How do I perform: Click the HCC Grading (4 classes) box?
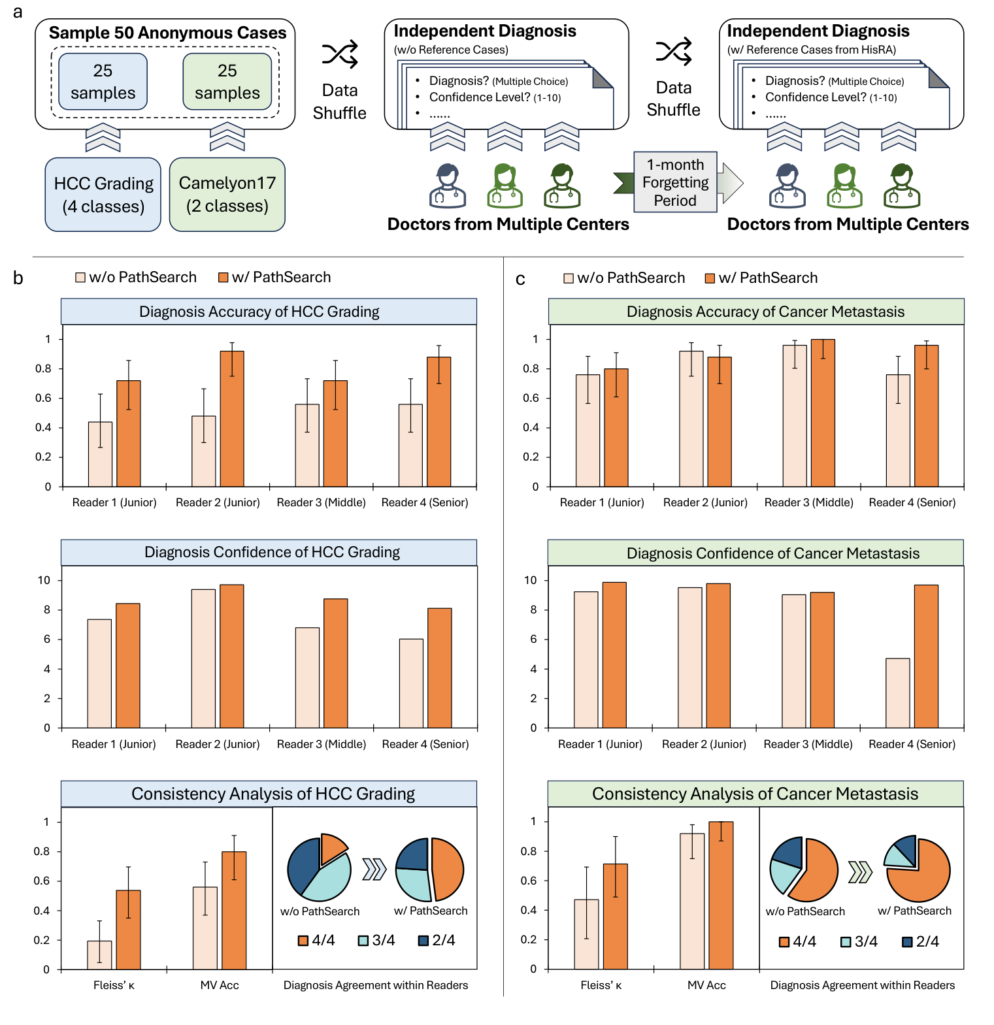tap(103, 195)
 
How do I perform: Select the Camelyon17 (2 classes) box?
tap(227, 195)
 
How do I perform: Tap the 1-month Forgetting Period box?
tap(675, 182)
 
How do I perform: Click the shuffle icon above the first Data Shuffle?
tap(340, 54)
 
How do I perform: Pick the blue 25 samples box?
tap(103, 82)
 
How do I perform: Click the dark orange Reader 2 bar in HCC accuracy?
tap(232, 419)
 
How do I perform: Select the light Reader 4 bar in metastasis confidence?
tap(898, 693)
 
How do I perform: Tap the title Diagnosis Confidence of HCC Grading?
tap(272, 553)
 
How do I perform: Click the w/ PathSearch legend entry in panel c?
tap(761, 278)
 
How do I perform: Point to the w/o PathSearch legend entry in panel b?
tap(136, 278)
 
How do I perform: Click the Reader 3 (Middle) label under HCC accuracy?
tap(321, 502)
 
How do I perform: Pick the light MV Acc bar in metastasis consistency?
tap(692, 901)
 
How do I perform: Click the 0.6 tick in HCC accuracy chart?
tap(43, 399)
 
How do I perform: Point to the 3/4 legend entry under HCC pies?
tap(377, 941)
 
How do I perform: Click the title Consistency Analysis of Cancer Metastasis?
tap(755, 794)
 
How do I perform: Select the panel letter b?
tap(18, 279)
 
